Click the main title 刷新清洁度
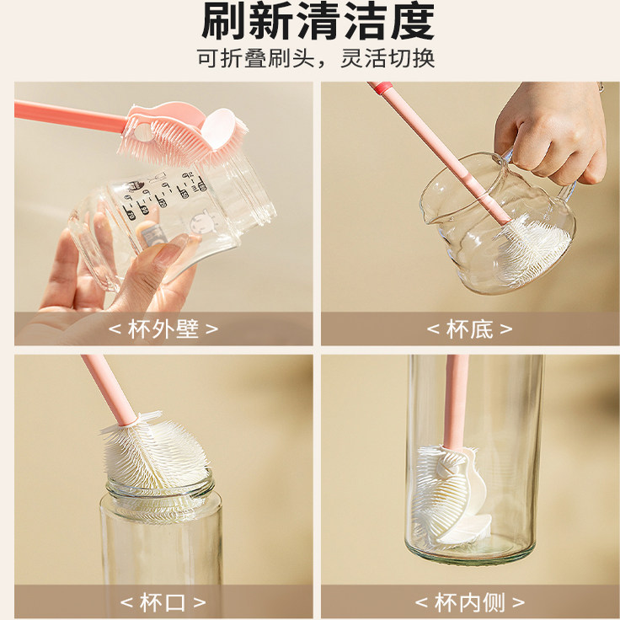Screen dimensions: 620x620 point(318,23)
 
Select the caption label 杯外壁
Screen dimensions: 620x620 point(163,329)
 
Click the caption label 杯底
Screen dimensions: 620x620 point(469,329)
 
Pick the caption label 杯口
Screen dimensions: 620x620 point(163,602)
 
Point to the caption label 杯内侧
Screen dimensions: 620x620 point(469,602)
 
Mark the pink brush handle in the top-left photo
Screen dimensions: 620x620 point(67,115)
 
